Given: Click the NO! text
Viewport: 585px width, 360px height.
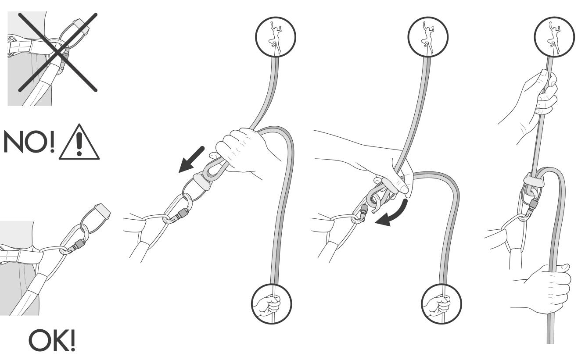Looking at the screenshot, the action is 29,142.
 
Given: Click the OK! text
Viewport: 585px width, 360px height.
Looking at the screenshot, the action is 52,340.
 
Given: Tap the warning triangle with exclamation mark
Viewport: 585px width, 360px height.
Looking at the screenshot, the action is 79,142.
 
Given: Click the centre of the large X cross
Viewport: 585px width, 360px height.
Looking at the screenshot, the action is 58,53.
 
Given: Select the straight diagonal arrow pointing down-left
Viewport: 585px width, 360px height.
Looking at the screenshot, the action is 191,160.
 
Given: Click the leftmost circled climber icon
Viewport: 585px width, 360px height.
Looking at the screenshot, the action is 276,37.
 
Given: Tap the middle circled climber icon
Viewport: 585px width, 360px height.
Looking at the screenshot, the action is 428,37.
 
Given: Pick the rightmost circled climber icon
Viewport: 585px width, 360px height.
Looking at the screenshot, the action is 554,37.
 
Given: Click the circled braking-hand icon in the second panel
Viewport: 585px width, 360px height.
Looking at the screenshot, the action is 272,304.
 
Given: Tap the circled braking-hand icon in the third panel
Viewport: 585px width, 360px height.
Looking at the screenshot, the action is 441,304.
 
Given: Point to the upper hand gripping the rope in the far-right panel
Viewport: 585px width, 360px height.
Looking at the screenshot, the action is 533,104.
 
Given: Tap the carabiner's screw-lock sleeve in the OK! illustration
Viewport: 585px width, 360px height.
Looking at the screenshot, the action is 79,244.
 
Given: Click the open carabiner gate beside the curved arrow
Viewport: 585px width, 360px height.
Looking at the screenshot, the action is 363,211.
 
